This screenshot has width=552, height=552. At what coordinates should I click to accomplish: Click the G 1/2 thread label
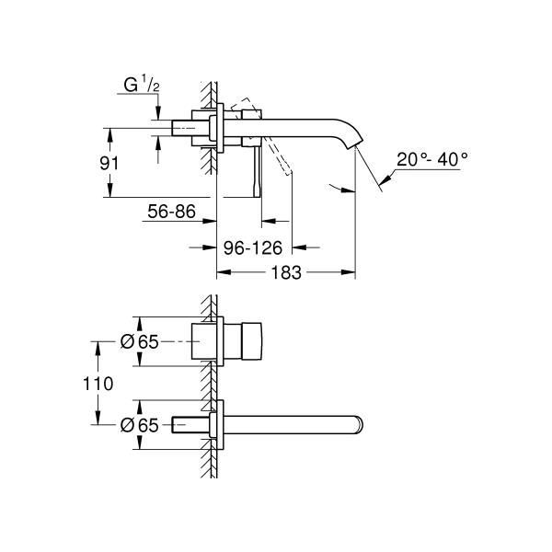coord(141,85)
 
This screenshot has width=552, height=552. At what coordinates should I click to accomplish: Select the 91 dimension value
coord(109,164)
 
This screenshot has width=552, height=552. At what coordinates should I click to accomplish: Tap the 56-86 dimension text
coord(171,212)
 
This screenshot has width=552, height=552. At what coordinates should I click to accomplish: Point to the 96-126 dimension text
coord(253,248)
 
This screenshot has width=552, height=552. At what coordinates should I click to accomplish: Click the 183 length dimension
coord(286,273)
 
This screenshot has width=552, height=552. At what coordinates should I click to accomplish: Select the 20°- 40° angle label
coord(432,159)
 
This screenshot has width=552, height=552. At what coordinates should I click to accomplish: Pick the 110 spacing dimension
coord(98,384)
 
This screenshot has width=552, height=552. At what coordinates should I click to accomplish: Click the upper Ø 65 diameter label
coord(140,341)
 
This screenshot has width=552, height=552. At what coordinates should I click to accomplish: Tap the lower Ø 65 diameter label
coord(140,425)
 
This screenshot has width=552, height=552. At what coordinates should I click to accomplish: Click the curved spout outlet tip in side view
coord(354,144)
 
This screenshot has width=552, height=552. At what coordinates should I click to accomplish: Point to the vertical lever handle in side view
coord(258,171)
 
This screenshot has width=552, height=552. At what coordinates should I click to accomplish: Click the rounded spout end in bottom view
coord(359,424)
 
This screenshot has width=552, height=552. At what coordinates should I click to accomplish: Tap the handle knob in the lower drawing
coord(251,341)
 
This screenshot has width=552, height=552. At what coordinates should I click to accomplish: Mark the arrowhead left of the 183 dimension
coord(224,271)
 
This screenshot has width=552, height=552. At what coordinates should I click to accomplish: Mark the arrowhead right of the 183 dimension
coord(349,271)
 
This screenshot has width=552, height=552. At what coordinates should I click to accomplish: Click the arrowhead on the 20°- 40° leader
coord(385,178)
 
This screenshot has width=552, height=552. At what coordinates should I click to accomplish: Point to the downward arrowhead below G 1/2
coord(157,112)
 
